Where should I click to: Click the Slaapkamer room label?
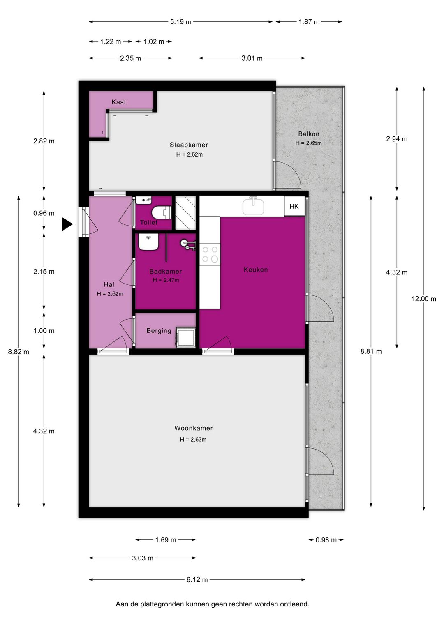click(189, 145)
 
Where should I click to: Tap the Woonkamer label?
click(194, 428)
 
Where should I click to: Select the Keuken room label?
click(256, 270)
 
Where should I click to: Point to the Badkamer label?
click(166, 271)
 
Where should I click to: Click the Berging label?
click(159, 331)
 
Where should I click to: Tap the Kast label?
click(119, 102)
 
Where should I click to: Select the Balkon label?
click(309, 134)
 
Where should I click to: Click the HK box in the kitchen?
click(294, 206)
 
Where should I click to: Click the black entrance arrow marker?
click(67, 224)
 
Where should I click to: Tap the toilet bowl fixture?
click(161, 212)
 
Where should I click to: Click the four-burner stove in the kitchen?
click(210, 254)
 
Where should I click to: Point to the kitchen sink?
click(253, 206)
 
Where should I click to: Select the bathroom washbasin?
click(148, 242)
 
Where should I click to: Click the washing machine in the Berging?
click(185, 337)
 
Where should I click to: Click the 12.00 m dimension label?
click(424, 299)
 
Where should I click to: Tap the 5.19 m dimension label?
click(180, 21)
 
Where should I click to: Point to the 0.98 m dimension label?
click(326, 540)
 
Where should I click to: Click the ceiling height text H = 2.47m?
click(166, 280)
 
